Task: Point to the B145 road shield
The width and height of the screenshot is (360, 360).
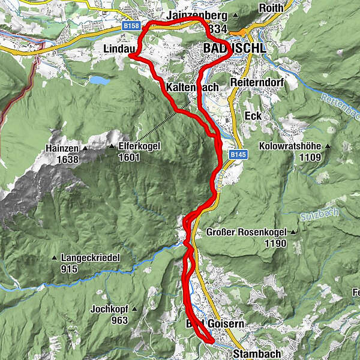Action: (238, 155)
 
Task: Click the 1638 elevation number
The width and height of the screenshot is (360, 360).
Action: (66, 159)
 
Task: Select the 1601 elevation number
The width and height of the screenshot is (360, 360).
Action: (129, 158)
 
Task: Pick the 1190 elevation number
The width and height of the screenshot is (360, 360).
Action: (274, 244)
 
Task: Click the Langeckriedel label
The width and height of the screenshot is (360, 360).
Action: (91, 258)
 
